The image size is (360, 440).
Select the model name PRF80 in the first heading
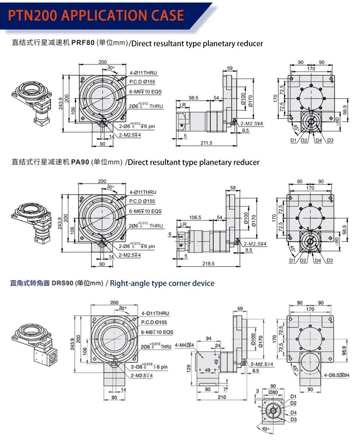click(x=83, y=43)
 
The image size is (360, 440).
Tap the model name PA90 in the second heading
click(x=80, y=162)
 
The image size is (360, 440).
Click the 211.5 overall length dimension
click(x=206, y=143)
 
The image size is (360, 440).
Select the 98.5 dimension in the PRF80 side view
click(x=194, y=98)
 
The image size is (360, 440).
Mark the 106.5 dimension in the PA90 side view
click(x=195, y=217)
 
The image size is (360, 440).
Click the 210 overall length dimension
click(x=222, y=397)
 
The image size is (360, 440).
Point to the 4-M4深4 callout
click(x=184, y=345)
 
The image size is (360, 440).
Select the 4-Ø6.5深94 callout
click(x=337, y=375)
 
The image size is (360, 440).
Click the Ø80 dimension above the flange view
click(x=273, y=392)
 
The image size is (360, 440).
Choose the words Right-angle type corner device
click(x=162, y=283)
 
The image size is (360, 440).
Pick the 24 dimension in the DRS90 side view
click(x=217, y=345)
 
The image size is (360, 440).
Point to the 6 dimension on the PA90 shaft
click(x=170, y=234)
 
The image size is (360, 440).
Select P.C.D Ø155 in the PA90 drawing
click(x=142, y=201)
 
